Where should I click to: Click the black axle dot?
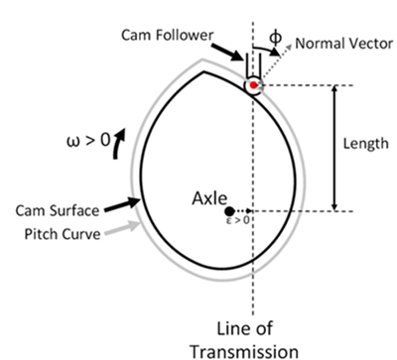pos(230,211)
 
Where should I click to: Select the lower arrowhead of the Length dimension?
pos(334,205)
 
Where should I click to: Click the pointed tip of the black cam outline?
pos(202,70)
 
